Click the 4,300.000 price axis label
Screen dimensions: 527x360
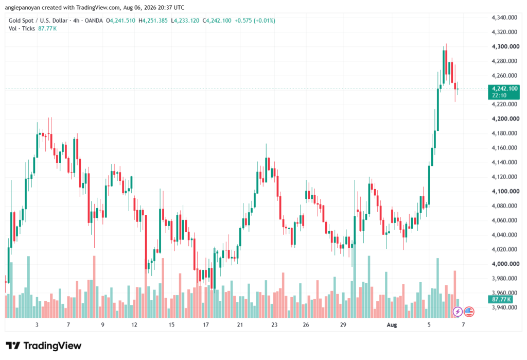point(505,46)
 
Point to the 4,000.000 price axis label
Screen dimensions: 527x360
point(505,264)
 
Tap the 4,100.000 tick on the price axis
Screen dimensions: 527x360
point(505,191)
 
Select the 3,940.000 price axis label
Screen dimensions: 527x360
point(504,307)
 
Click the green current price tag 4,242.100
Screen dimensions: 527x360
point(504,92)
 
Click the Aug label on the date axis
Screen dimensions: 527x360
point(392,324)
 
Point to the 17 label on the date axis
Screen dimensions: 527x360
point(206,324)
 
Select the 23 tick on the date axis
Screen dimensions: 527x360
point(274,324)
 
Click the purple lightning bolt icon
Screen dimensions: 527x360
point(457,312)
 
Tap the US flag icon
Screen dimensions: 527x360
point(469,312)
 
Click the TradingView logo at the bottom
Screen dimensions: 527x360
point(43,346)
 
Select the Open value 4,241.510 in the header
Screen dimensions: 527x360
point(122,21)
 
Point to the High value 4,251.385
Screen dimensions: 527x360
point(155,21)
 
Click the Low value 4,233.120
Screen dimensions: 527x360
point(186,21)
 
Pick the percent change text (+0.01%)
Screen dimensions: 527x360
point(264,21)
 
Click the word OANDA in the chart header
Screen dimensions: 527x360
point(94,21)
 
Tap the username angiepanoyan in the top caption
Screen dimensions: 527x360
point(23,7)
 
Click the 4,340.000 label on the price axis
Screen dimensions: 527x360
point(504,18)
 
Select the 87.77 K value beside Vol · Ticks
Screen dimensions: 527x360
point(47,29)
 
